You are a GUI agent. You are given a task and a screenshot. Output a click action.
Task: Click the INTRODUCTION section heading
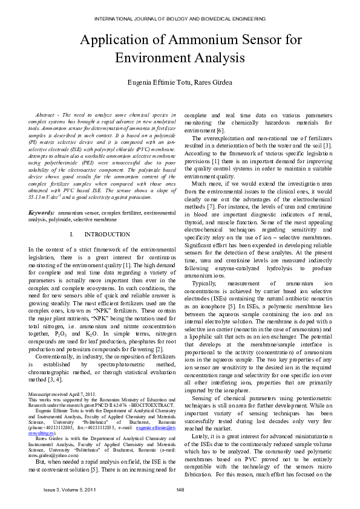click(x=107, y=234)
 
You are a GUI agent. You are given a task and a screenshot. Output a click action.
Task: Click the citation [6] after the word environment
click(x=220, y=131)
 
